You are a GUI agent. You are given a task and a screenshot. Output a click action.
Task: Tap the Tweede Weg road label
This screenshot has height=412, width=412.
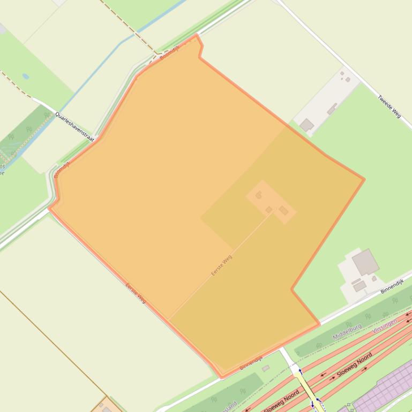pyautogui.click(x=389, y=106)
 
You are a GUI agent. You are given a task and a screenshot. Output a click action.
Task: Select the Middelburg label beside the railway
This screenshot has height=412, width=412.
pyautogui.click(x=347, y=332)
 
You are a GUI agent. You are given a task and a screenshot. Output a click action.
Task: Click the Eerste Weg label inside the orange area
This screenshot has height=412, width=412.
pyautogui.click(x=221, y=265)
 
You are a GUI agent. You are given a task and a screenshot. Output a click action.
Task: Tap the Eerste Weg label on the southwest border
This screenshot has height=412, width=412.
pyautogui.click(x=136, y=293)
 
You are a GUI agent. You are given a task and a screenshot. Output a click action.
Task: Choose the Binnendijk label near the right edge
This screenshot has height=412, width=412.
pyautogui.click(x=391, y=286)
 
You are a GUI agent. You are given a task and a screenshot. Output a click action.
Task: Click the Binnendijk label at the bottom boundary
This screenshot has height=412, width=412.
pyautogui.click(x=251, y=364)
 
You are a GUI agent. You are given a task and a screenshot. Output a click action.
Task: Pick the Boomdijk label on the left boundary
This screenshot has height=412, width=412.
pyautogui.click(x=62, y=170)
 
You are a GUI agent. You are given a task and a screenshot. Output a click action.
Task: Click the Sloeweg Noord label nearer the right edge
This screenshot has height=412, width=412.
pyautogui.click(x=354, y=366)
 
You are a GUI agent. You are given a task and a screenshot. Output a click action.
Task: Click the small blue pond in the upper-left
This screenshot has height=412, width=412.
pyautogui.click(x=25, y=77)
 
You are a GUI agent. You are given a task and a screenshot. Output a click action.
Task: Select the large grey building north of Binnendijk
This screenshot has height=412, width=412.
pyautogui.click(x=365, y=262)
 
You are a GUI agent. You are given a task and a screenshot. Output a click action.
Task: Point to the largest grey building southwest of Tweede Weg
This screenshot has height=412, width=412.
pyautogui.click(x=307, y=125)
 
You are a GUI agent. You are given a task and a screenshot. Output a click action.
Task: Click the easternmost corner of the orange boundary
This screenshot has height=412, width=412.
pyautogui.click(x=364, y=179)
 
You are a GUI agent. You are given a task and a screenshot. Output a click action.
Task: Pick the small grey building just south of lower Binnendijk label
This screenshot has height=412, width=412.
pyautogui.click(x=265, y=368)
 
